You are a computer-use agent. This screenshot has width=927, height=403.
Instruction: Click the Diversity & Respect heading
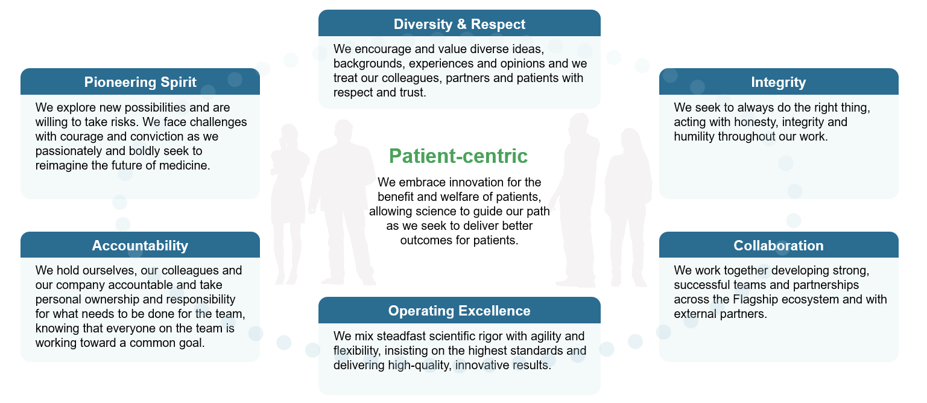(x=459, y=24)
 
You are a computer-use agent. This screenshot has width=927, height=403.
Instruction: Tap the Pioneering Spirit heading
(x=140, y=82)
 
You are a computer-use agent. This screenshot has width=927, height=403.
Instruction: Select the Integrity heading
(x=778, y=82)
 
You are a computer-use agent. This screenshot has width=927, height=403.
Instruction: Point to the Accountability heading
(x=140, y=246)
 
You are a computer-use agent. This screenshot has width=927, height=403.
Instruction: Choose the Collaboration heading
(x=778, y=246)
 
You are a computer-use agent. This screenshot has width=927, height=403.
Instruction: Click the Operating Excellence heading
(x=459, y=311)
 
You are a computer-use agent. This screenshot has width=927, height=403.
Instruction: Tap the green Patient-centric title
(x=458, y=156)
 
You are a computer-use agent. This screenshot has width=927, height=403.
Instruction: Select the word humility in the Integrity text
(x=694, y=136)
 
